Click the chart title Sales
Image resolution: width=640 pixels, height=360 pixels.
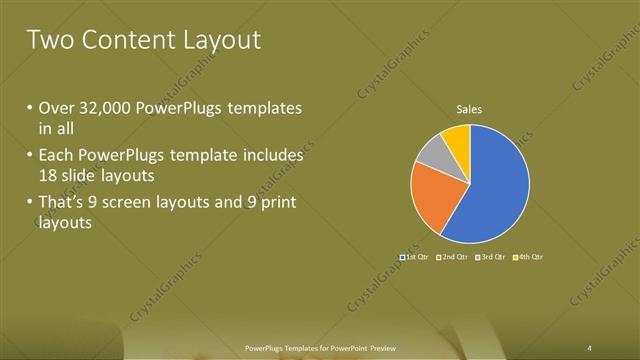pyautogui.click(x=470, y=108)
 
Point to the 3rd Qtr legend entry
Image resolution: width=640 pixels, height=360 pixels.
pyautogui.click(x=491, y=258)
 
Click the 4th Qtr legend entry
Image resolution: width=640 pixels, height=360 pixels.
pyautogui.click(x=528, y=258)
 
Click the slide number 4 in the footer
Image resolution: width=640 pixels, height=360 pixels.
pyautogui.click(x=590, y=347)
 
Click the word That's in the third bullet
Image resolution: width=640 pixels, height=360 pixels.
pyautogui.click(x=62, y=204)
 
